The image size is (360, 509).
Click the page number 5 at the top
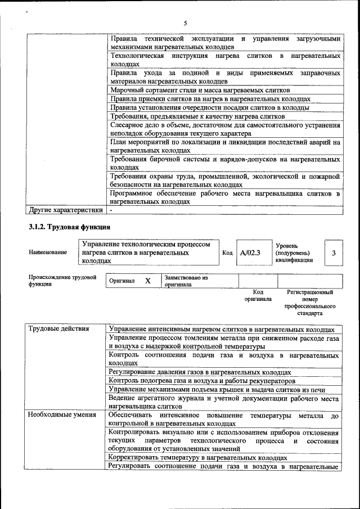point(184,23)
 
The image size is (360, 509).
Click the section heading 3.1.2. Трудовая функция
point(70,227)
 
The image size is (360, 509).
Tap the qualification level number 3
point(334,253)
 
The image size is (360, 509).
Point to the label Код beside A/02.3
point(227,253)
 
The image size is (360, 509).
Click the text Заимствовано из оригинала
point(186,281)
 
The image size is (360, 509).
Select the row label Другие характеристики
point(66,210)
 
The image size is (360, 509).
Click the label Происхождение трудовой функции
point(62,281)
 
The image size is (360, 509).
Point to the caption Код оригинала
point(258,296)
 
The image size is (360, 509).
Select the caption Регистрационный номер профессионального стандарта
point(310,303)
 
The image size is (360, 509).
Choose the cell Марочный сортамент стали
point(200,90)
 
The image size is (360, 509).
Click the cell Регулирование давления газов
point(200,372)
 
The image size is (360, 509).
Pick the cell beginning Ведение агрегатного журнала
point(224,402)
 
